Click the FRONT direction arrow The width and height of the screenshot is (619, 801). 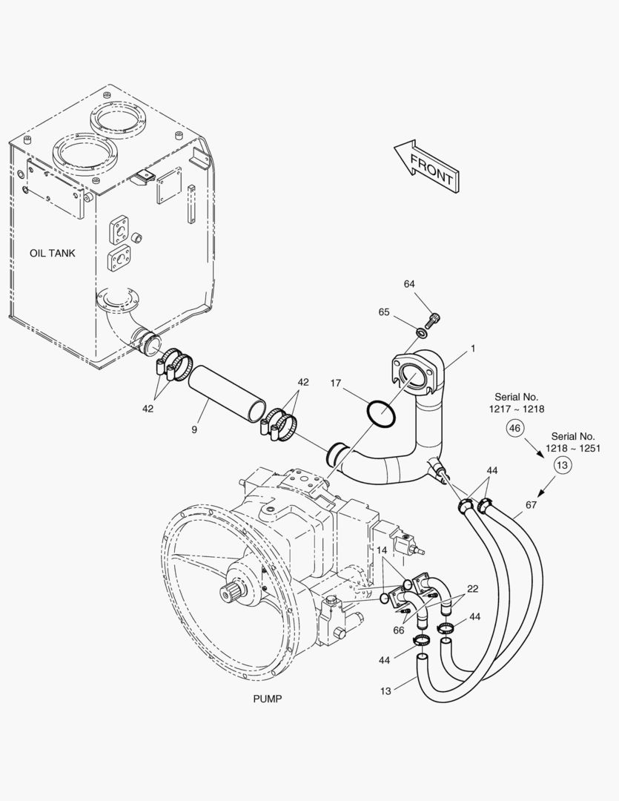[426, 167]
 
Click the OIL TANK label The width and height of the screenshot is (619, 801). [53, 253]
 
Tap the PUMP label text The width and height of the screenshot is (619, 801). [268, 699]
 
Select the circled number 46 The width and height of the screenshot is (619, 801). [516, 428]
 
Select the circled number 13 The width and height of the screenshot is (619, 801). [563, 465]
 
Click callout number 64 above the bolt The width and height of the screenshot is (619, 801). [409, 284]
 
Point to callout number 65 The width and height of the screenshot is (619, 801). [384, 312]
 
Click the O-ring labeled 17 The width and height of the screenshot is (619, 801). [380, 414]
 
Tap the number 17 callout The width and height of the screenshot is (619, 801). [336, 383]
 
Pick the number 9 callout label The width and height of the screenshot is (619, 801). [194, 429]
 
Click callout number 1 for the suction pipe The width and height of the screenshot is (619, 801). [472, 348]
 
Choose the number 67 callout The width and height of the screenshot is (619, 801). [531, 505]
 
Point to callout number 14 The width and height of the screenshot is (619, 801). [381, 550]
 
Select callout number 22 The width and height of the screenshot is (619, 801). [471, 589]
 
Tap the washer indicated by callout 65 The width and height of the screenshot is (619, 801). [421, 331]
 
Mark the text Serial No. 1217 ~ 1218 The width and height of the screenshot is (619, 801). [516, 403]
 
